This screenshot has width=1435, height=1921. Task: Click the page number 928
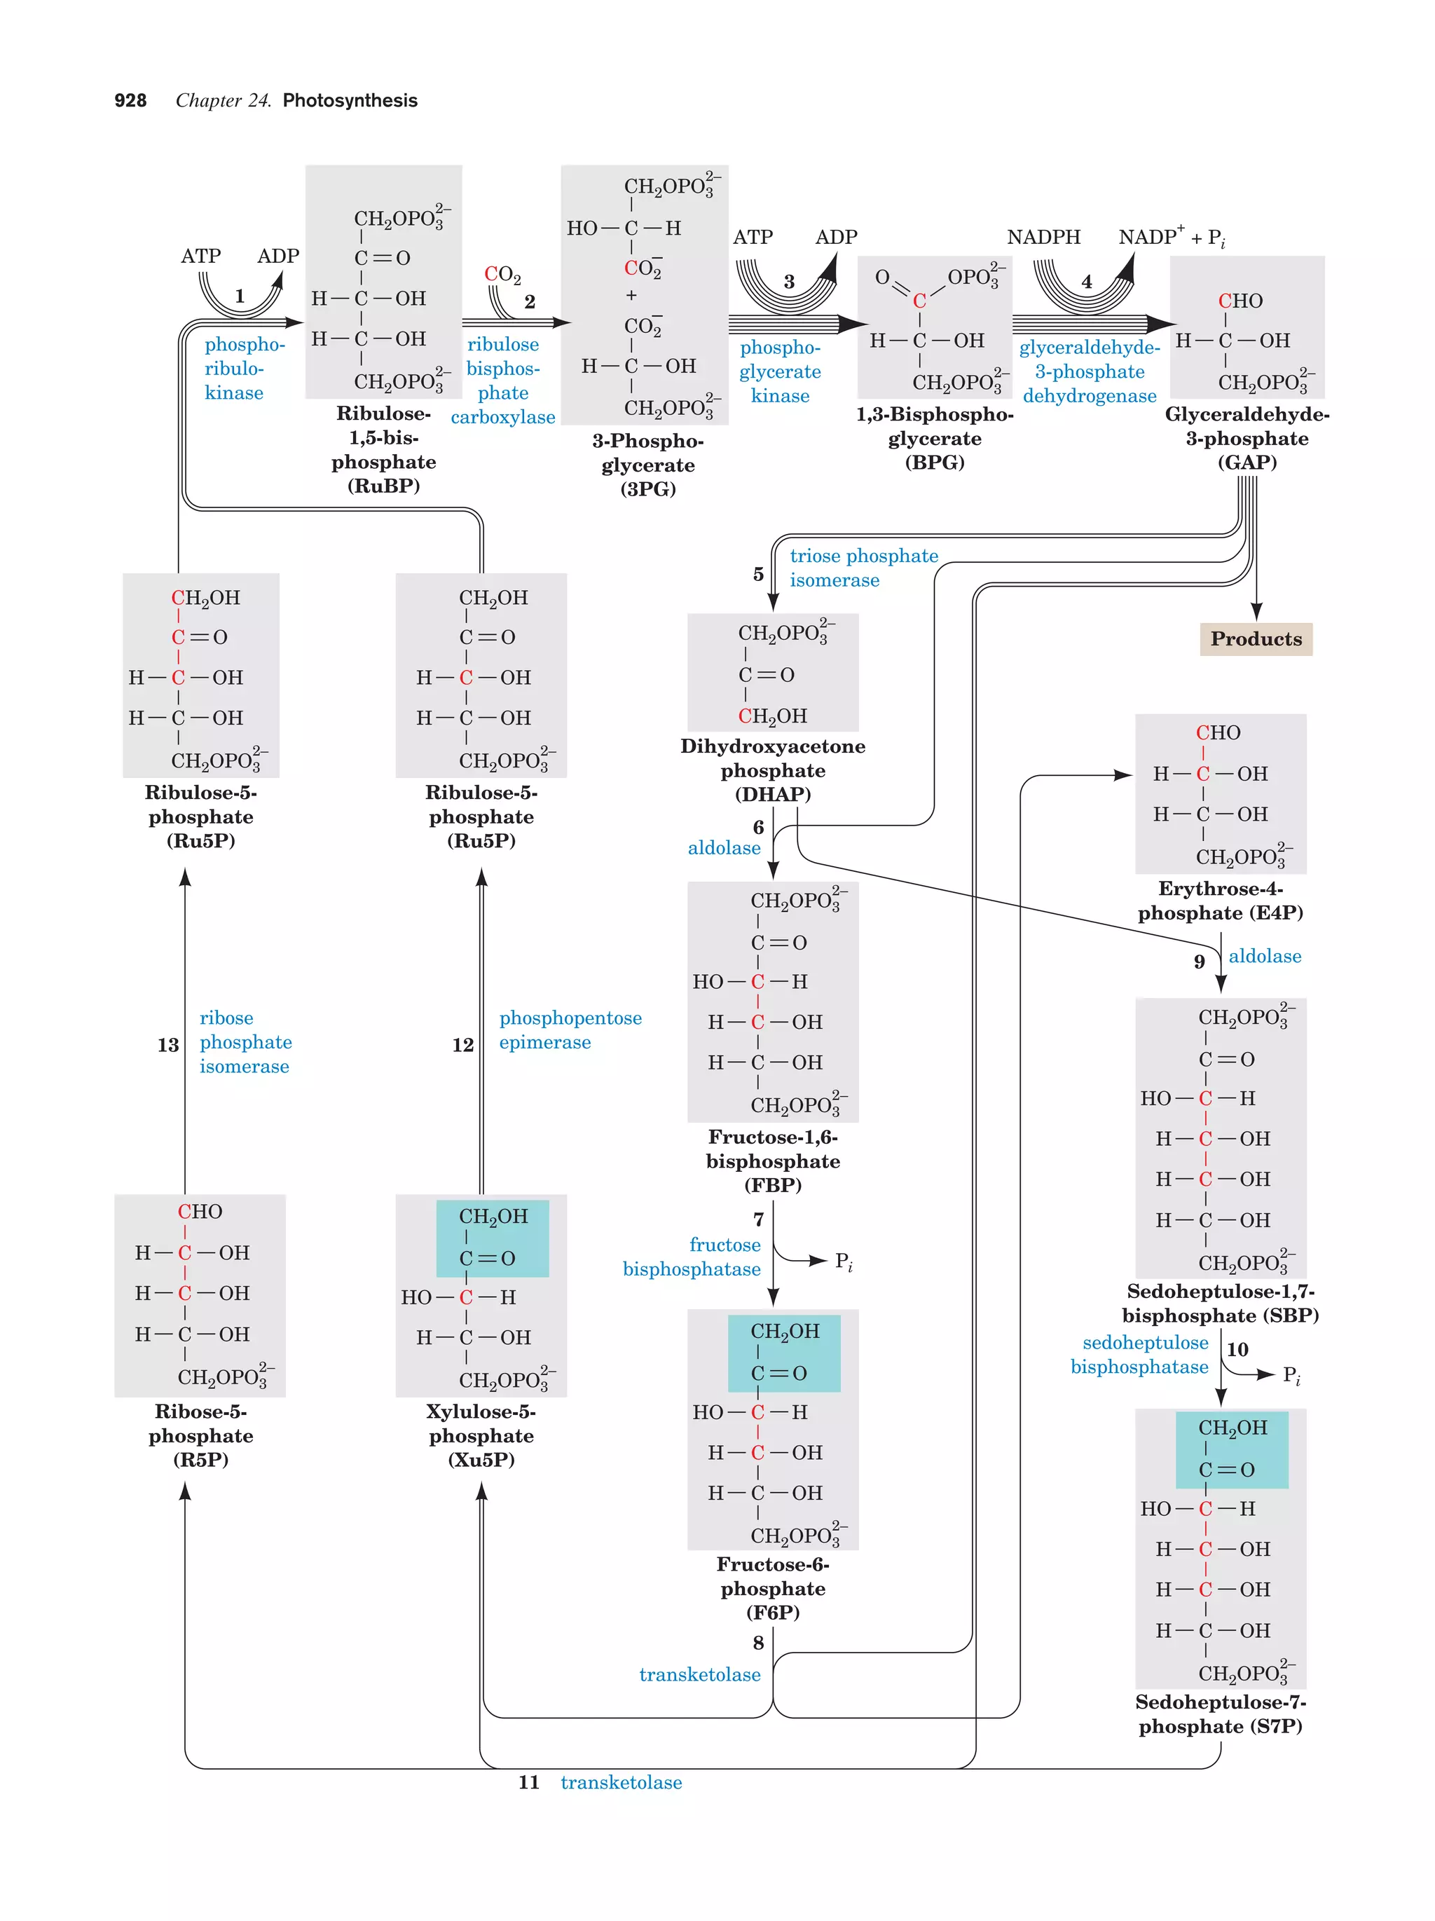[130, 101]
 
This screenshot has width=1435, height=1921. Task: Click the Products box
[1256, 639]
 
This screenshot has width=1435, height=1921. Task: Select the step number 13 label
[167, 1045]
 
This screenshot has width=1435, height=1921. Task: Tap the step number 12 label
[462, 1045]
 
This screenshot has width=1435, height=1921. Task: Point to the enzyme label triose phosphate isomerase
[863, 568]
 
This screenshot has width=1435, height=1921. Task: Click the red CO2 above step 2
[502, 275]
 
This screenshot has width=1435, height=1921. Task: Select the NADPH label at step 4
[1043, 237]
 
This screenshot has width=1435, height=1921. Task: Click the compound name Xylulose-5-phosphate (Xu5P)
[481, 1435]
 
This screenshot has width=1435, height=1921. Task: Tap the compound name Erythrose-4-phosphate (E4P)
[1220, 901]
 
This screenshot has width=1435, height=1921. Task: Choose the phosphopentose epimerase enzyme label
[570, 1030]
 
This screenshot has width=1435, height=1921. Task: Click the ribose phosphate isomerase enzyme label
[245, 1042]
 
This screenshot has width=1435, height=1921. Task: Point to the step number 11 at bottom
[529, 1783]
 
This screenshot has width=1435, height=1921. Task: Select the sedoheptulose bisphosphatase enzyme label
[1139, 1355]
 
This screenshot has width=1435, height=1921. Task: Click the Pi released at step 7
[843, 1261]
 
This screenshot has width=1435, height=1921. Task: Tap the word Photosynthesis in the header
[350, 101]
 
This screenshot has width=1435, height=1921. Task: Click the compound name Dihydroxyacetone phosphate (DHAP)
[773, 770]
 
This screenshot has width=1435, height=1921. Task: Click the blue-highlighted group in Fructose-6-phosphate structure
[783, 1352]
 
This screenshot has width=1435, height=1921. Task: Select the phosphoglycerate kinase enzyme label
[780, 371]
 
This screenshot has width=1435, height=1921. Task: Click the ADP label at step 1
[277, 257]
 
